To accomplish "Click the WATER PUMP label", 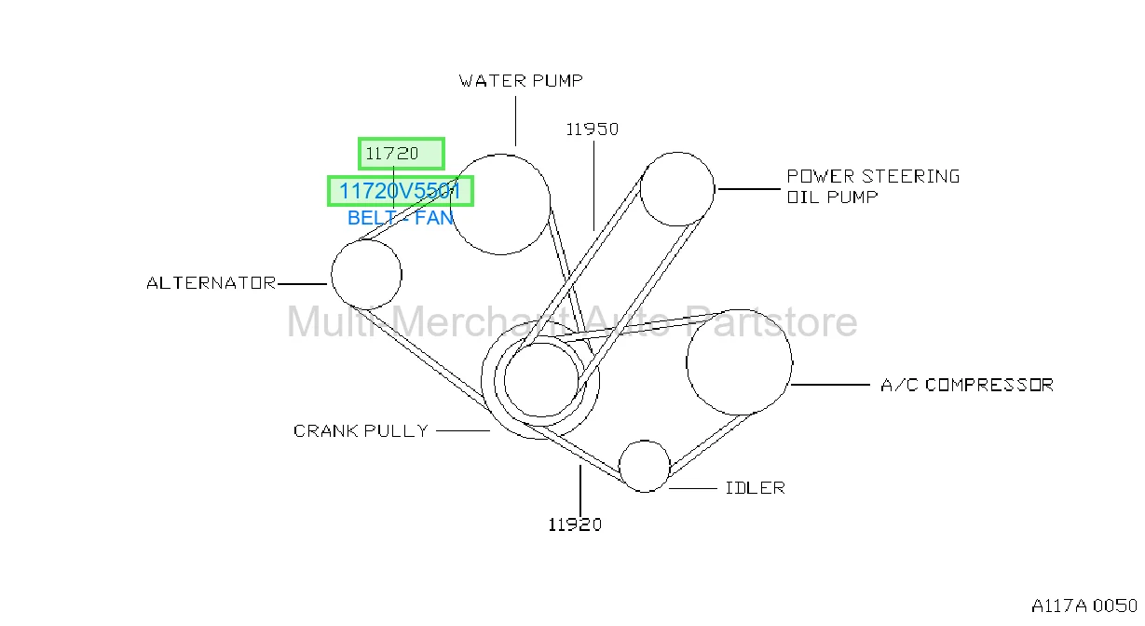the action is pyautogui.click(x=521, y=81).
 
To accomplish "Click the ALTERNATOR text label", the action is pyautogui.click(x=211, y=282).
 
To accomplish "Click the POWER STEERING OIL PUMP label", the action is pyautogui.click(x=873, y=186).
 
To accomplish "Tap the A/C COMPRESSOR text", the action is pyautogui.click(x=967, y=385).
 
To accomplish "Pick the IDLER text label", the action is pyautogui.click(x=755, y=488).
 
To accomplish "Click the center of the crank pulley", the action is pyautogui.click(x=540, y=380).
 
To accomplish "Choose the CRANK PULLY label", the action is pyautogui.click(x=361, y=430).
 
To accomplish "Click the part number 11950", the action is pyautogui.click(x=593, y=129).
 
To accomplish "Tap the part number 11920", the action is pyautogui.click(x=575, y=524).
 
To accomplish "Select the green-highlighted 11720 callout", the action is pyautogui.click(x=402, y=154).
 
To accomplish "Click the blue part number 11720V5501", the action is pyautogui.click(x=401, y=191).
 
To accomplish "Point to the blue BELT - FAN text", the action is pyautogui.click(x=401, y=218).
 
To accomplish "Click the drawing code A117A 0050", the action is pyautogui.click(x=1084, y=606).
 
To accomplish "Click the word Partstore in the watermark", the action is pyautogui.click(x=770, y=321).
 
